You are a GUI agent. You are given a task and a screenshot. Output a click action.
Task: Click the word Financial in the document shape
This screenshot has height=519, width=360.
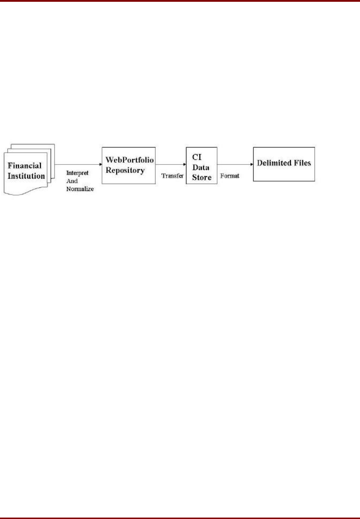click(x=24, y=166)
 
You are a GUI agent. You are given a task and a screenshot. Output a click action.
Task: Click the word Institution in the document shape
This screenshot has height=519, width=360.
click(x=26, y=176)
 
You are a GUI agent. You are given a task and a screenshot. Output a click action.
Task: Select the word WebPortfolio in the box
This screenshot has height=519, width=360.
click(x=130, y=160)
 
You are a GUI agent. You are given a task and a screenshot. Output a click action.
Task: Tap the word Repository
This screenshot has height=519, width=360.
click(x=125, y=171)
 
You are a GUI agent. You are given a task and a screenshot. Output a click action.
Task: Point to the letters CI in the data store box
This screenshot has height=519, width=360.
click(x=197, y=157)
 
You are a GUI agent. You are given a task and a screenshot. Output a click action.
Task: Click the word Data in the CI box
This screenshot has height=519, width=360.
click(x=201, y=167)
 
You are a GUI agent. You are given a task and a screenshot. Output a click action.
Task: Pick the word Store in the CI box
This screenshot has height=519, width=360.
click(x=202, y=177)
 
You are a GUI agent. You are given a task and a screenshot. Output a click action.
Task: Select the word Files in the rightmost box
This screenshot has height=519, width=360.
click(x=302, y=163)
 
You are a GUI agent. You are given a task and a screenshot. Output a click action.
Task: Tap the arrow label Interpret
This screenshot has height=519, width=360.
click(x=77, y=173)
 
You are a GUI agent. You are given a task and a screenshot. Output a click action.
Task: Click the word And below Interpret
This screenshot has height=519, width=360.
click(x=72, y=181)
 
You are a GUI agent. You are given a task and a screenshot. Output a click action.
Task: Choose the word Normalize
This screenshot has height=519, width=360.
click(x=80, y=189)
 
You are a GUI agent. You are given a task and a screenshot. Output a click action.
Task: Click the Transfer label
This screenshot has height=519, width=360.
click(x=172, y=175)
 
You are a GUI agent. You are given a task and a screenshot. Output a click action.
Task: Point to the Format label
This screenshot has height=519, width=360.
click(x=230, y=175)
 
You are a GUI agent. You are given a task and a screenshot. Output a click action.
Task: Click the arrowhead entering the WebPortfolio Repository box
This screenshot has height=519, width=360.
click(x=100, y=164)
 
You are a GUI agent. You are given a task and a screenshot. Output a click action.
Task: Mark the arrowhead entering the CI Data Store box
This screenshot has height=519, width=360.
click(x=185, y=164)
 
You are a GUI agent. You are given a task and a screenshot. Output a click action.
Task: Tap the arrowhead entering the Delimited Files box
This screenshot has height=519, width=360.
click(x=252, y=164)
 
